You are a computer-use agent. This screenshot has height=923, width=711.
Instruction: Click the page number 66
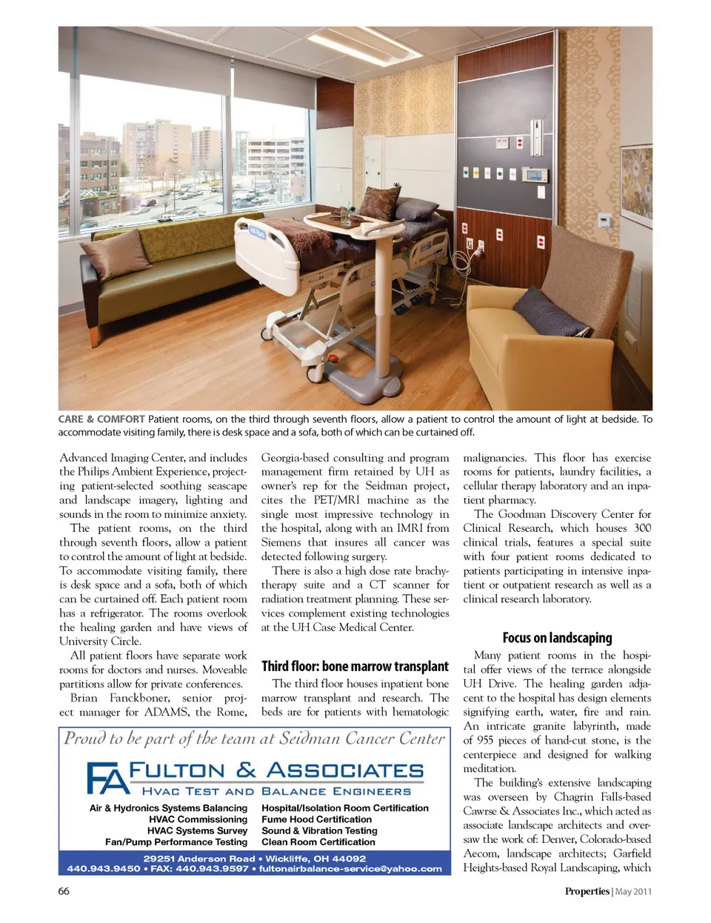(x=64, y=891)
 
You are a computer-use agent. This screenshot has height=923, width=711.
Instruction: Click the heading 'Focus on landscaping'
(x=557, y=638)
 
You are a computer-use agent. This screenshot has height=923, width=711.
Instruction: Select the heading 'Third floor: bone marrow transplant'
(x=355, y=667)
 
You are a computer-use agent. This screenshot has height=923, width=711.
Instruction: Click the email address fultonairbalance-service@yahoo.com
(x=350, y=869)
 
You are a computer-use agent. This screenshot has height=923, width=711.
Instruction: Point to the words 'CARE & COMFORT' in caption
(x=101, y=419)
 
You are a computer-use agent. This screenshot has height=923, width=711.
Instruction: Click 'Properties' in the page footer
(x=587, y=891)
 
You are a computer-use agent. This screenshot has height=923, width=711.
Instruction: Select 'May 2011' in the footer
(x=634, y=891)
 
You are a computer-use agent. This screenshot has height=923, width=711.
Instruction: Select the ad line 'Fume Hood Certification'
(x=316, y=819)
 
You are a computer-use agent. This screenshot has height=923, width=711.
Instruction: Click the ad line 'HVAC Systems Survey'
(x=197, y=830)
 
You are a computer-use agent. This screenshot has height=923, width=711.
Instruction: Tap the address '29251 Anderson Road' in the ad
(x=199, y=859)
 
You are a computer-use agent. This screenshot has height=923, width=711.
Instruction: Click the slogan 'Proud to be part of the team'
(x=254, y=739)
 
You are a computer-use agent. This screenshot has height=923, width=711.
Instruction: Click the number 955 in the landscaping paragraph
(x=485, y=740)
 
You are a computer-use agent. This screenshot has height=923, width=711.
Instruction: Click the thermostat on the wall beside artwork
(x=605, y=221)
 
